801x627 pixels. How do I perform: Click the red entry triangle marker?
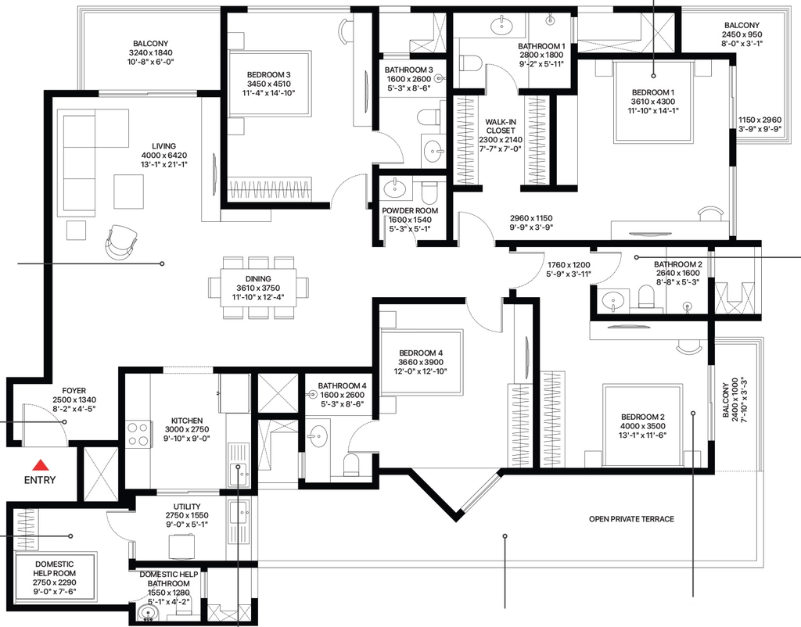(x=41, y=465)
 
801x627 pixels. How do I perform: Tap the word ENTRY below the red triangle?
(x=40, y=480)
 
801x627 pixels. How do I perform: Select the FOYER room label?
(x=74, y=391)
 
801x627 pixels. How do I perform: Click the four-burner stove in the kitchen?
(x=138, y=434)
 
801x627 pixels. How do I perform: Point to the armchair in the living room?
(x=121, y=242)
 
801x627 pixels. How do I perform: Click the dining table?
(x=258, y=288)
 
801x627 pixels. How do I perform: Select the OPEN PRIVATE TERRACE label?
(x=631, y=519)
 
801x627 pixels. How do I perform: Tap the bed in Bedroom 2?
(x=643, y=425)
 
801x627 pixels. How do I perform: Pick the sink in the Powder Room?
(x=395, y=188)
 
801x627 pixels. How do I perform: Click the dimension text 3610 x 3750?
(x=258, y=288)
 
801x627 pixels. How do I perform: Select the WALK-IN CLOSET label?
(x=501, y=126)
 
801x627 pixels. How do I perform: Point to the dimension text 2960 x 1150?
(x=531, y=219)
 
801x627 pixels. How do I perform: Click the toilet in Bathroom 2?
(x=646, y=297)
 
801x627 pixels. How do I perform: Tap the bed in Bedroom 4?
(x=422, y=361)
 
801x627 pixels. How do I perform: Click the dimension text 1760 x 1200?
(x=569, y=265)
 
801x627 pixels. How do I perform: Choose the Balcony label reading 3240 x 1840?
(x=151, y=52)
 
